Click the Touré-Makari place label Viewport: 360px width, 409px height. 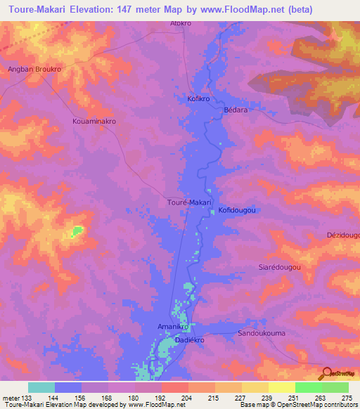coord(188,202)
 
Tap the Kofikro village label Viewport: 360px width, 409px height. coord(199,99)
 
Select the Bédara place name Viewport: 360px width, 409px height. coord(236,110)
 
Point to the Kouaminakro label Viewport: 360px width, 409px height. coord(94,121)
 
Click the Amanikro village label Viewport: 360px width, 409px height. coord(172,327)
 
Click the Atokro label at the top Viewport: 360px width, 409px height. coord(181,23)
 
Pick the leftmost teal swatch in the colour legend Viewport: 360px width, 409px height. coord(41,387)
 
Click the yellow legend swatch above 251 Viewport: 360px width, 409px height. coord(282,387)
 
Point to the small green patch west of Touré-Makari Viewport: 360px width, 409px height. coord(76,231)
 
